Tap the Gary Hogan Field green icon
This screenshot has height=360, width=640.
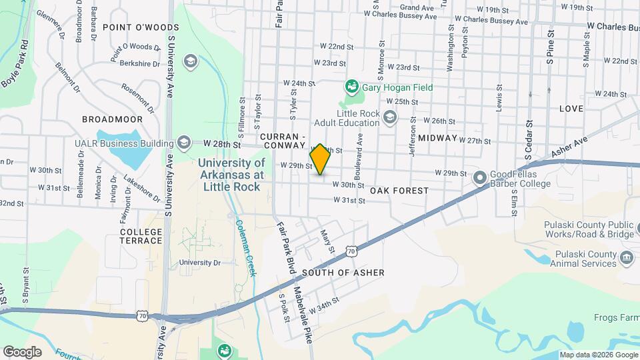tap(349, 87)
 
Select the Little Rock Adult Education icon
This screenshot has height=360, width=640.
tap(390, 117)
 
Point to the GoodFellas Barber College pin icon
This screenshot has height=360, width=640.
tap(479, 178)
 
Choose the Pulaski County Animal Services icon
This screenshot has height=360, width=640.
tap(626, 258)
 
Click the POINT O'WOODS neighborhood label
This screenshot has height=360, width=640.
tap(141, 27)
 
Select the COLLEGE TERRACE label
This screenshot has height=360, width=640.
tap(141, 236)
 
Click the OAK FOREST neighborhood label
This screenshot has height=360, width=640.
tap(399, 191)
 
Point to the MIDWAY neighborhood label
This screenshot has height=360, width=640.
tap(438, 138)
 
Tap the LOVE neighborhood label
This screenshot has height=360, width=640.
tap(571, 108)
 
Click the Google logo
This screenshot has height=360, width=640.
tap(22, 351)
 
